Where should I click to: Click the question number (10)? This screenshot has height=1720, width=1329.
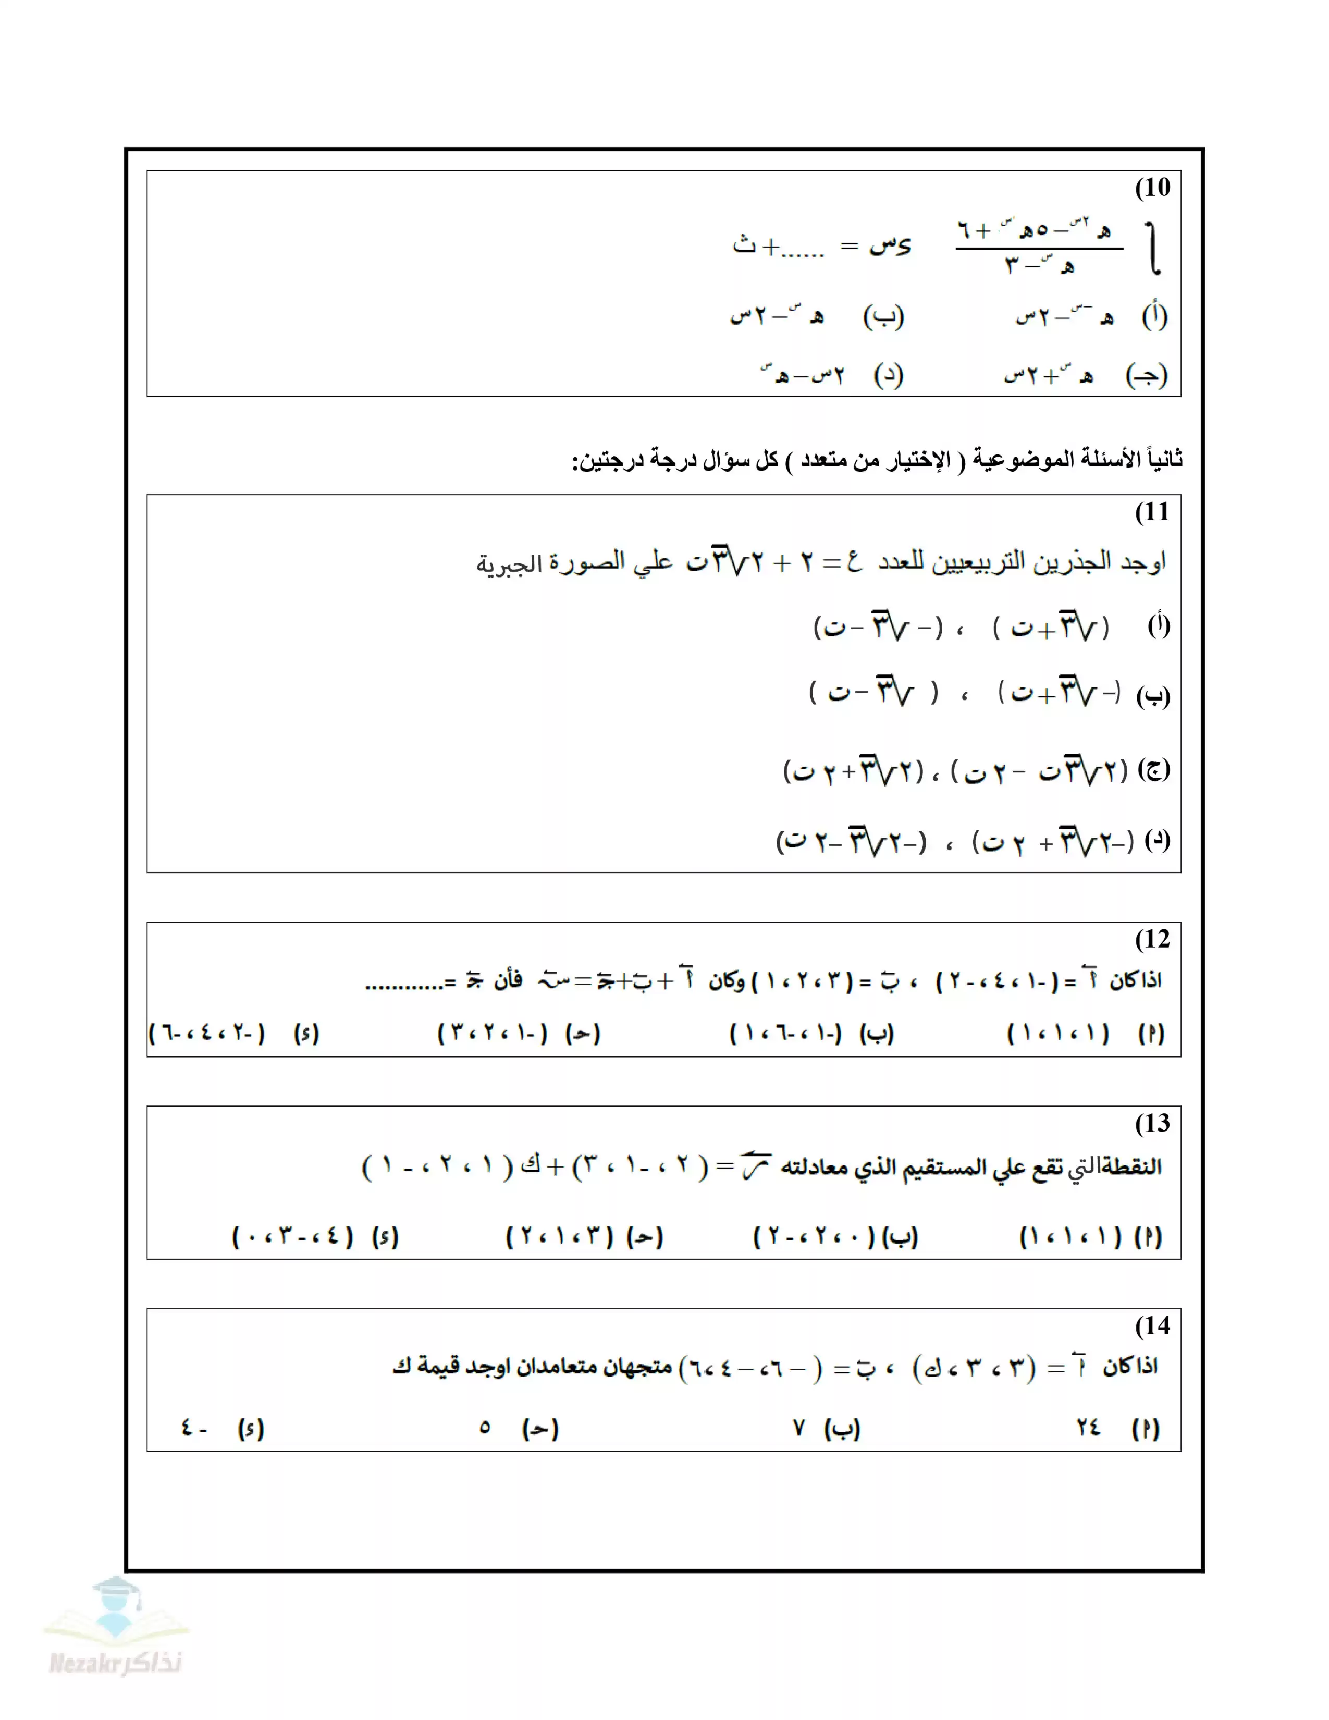click(x=1152, y=188)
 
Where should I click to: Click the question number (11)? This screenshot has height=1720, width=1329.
click(x=1152, y=512)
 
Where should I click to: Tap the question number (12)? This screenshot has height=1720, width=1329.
click(x=1152, y=939)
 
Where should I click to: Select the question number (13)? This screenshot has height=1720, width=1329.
click(x=1152, y=1123)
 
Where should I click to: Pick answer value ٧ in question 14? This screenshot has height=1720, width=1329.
click(x=799, y=1427)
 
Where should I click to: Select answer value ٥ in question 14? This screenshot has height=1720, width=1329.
click(x=485, y=1427)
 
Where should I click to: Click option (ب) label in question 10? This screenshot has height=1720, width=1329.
click(x=883, y=316)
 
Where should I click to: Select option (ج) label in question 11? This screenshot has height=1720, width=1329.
click(x=1153, y=769)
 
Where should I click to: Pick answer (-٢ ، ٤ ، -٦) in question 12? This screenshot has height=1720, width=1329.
click(x=207, y=1033)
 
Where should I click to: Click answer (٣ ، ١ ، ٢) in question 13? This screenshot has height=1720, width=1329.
click(x=559, y=1236)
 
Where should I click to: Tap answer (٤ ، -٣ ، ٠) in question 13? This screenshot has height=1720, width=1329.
click(x=293, y=1236)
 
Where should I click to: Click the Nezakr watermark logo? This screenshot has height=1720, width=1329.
click(x=116, y=1630)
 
